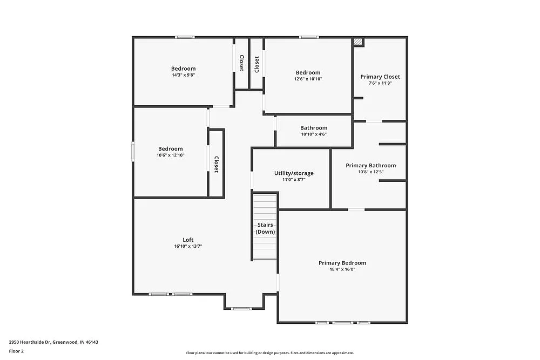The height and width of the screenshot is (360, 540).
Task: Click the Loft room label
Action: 188,240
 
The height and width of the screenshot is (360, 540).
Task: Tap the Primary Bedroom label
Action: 342,263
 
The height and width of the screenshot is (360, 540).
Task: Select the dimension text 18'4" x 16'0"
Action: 342,269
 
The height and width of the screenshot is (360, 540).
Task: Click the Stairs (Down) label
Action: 265,228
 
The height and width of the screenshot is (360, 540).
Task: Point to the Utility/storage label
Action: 294,173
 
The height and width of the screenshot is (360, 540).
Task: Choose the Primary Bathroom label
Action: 370,166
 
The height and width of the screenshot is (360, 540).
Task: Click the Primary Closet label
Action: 380,77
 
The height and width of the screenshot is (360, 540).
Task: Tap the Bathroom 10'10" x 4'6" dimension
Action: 314,134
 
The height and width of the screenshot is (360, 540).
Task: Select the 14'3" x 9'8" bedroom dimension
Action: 183,75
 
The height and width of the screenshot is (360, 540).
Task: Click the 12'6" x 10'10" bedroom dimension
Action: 308,79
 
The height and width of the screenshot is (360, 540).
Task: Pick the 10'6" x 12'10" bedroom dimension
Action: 170,155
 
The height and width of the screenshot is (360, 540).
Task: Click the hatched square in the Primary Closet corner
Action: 357,42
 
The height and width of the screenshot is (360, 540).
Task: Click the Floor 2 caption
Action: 16,351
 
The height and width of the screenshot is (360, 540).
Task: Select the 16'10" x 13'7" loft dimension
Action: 188,246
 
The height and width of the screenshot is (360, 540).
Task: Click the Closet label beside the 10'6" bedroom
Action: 216,164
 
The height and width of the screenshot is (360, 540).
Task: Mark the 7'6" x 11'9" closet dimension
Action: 380,83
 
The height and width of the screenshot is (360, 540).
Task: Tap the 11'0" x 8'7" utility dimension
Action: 294,180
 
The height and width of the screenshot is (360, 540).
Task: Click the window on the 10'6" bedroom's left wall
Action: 133,151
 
